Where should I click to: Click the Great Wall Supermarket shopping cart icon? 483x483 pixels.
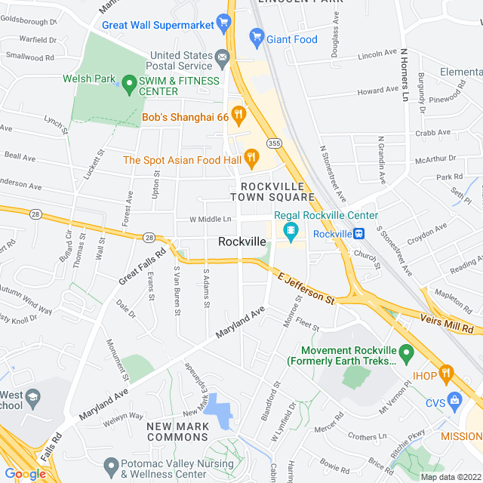coord(223,23)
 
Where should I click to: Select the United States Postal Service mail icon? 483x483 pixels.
coord(222,56)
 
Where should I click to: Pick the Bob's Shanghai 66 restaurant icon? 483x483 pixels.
coord(238,116)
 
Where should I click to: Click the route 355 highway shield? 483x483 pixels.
coord(273,143)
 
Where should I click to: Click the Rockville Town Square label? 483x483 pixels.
coord(272,192)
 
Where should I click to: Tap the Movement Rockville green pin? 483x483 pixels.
coord(406,352)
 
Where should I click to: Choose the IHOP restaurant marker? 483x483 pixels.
coord(446,372)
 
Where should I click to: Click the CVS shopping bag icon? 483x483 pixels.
coord(454,400)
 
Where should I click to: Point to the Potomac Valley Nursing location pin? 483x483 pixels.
coord(110,466)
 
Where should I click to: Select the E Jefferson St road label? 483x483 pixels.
coord(306,288)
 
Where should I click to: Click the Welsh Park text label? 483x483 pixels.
coord(88,78)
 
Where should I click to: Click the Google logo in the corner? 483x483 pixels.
coord(25,473)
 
